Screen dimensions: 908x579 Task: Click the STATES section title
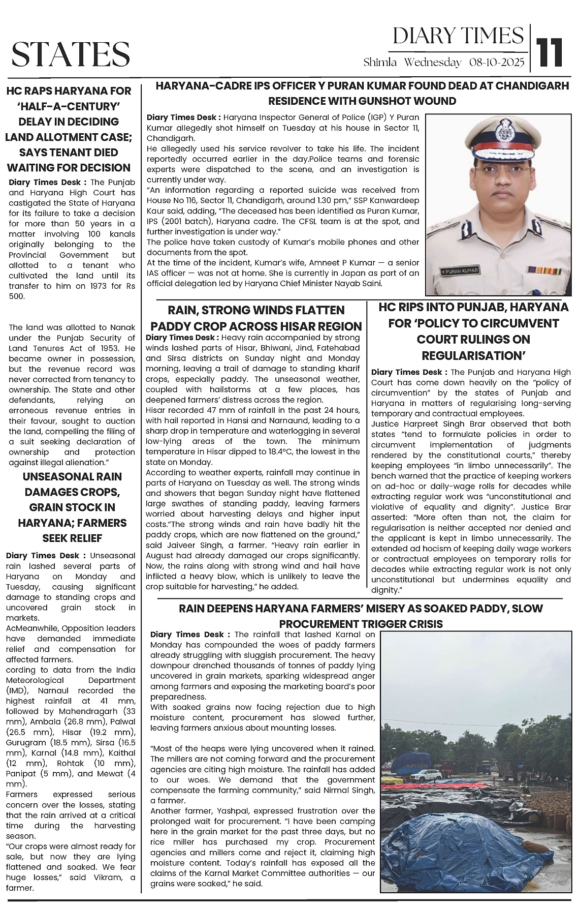[x=71, y=54]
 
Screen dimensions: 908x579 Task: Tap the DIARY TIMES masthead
[x=458, y=36]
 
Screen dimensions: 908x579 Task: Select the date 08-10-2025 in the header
[x=496, y=63]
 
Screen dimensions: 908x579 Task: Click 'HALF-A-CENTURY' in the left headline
[x=69, y=106]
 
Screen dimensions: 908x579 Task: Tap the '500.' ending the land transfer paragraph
[x=16, y=296]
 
